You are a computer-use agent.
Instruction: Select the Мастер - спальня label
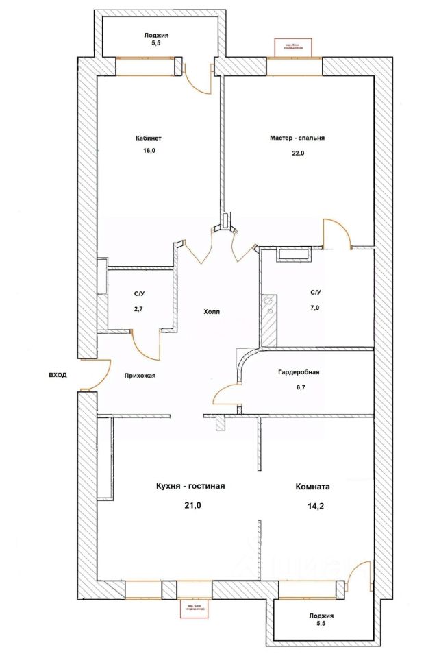[x=297, y=137]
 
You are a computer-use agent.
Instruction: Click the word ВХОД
[x=58, y=375]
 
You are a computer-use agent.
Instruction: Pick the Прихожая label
[x=145, y=375]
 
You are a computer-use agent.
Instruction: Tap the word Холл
[x=212, y=311]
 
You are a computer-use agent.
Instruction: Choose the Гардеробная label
[x=299, y=373]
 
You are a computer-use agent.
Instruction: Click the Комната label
[x=312, y=487]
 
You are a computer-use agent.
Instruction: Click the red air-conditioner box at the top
[x=292, y=46]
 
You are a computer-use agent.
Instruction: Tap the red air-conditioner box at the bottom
[x=194, y=609]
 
